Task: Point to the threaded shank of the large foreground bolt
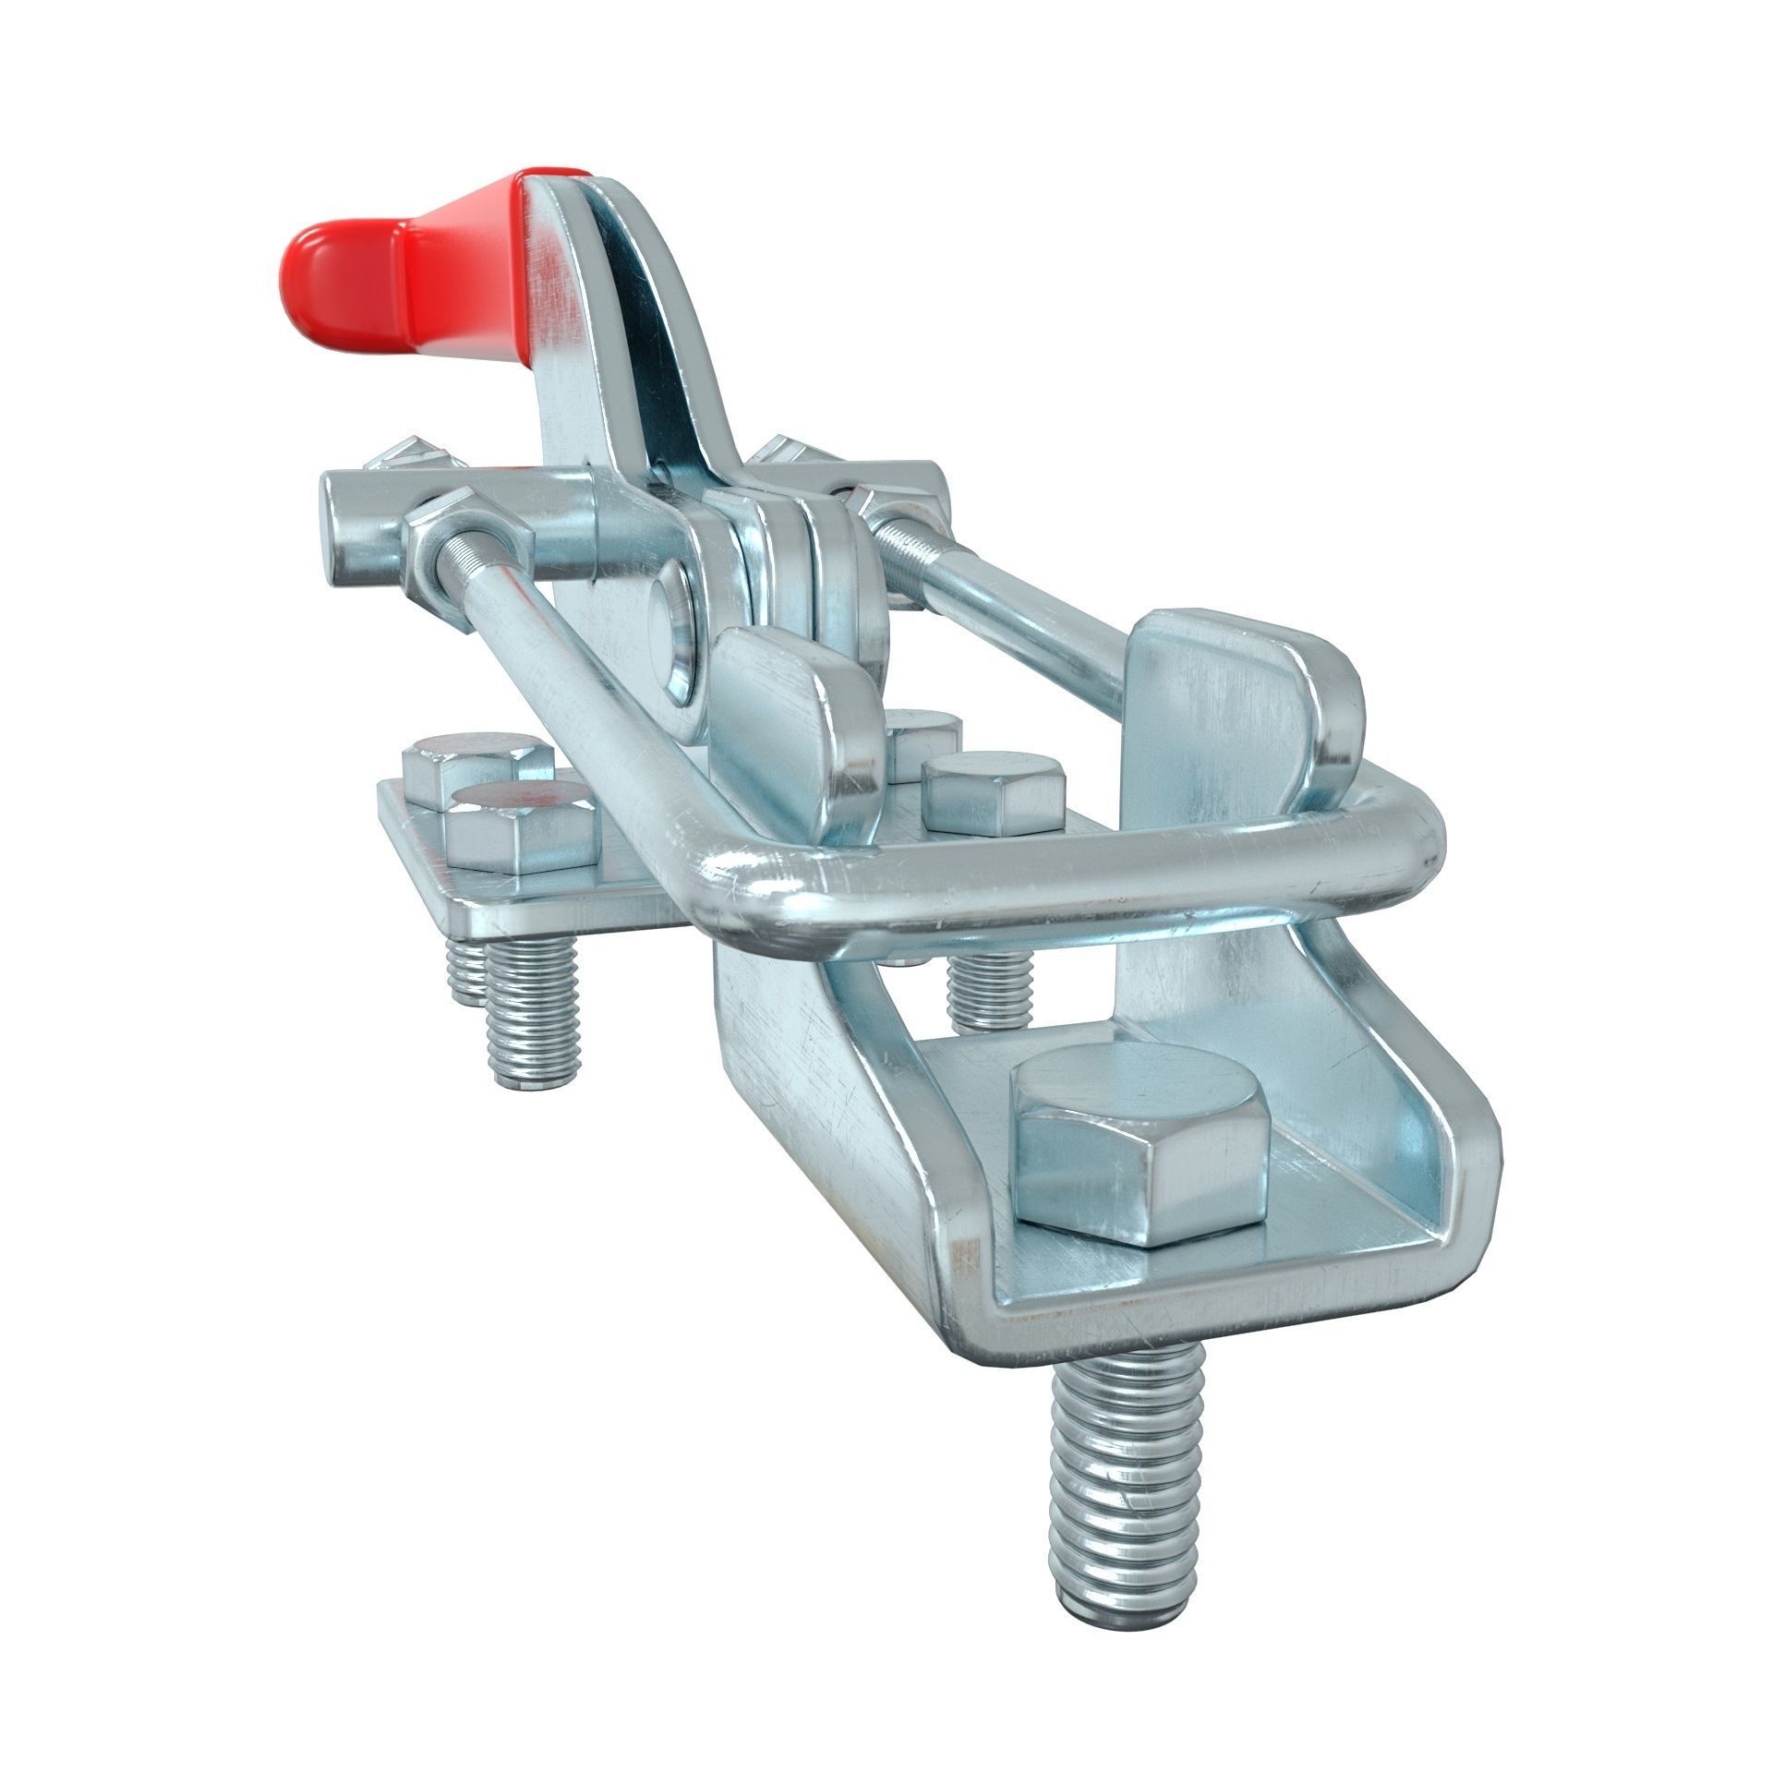click(x=1122, y=1477)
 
